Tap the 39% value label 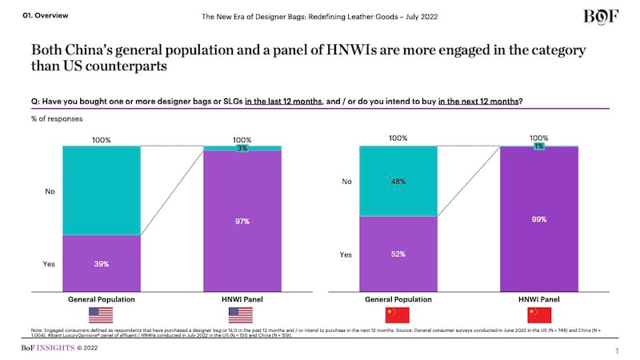102,264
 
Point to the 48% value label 398,182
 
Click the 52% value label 398,254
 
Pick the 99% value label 538,218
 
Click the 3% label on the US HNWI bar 242,148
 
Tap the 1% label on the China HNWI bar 538,146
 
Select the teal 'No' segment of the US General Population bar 102,190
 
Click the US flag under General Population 102,315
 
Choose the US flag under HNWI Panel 242,315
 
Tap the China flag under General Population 398,315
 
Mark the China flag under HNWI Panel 538,315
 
